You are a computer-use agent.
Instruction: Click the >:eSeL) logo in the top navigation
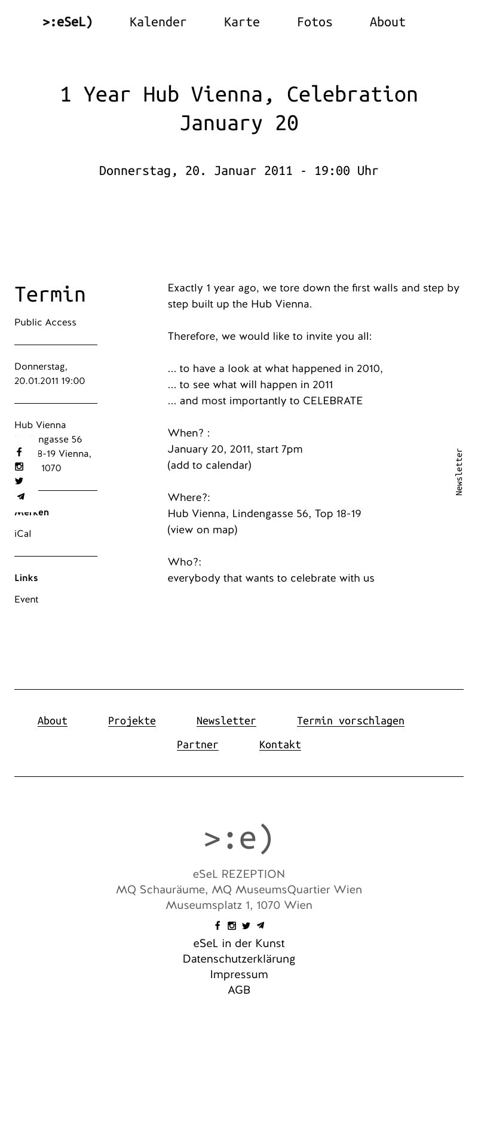[x=68, y=22]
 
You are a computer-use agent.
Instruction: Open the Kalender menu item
[x=158, y=22]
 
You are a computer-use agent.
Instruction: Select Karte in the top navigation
[x=241, y=22]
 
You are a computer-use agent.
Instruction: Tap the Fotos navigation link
[x=314, y=22]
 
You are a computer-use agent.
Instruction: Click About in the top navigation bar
[x=387, y=22]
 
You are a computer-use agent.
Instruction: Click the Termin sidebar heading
[x=50, y=294]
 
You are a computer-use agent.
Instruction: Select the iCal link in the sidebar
[x=23, y=534]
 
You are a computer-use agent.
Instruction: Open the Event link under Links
[x=26, y=600]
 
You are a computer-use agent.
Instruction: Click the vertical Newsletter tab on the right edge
[x=459, y=472]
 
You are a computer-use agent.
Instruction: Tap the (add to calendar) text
[x=209, y=465]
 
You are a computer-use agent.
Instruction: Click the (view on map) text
[x=203, y=530]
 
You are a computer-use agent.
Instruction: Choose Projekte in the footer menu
[x=131, y=721]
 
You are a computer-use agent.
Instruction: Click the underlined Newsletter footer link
[x=226, y=721]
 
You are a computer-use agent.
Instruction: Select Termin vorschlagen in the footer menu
[x=350, y=721]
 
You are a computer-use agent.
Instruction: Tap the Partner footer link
[x=197, y=745]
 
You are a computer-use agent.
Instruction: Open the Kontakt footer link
[x=280, y=745]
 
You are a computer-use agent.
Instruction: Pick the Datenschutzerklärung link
[x=239, y=959]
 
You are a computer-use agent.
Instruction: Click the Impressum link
[x=239, y=975]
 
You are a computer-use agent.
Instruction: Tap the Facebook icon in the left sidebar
[x=19, y=452]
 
